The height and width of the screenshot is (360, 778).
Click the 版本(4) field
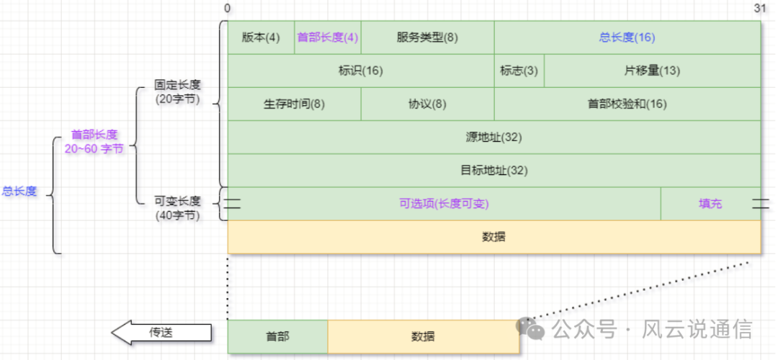[261, 37]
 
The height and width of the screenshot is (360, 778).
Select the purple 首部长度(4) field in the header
[328, 37]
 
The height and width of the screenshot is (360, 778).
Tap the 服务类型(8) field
[427, 37]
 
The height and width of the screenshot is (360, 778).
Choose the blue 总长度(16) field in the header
[627, 37]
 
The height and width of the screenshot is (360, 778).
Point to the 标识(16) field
[360, 71]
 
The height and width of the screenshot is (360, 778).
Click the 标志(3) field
[519, 71]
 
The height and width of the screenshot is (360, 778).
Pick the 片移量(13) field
[652, 71]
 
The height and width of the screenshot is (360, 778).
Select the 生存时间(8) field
[294, 104]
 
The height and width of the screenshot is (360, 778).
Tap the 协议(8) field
[427, 104]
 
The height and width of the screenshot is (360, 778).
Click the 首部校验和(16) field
[627, 104]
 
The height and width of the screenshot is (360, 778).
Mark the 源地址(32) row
[493, 137]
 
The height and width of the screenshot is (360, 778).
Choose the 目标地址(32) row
[493, 171]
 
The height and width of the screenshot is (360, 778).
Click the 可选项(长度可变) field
[444, 204]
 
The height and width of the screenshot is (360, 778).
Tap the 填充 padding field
[710, 204]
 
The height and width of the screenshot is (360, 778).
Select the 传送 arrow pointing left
[161, 333]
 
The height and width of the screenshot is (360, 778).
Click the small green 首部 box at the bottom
[277, 336]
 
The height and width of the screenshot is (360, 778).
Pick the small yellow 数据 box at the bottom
[423, 336]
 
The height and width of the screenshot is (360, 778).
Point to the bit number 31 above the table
[759, 9]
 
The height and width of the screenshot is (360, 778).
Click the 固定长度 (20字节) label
[177, 92]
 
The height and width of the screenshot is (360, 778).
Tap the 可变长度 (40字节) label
[177, 207]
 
